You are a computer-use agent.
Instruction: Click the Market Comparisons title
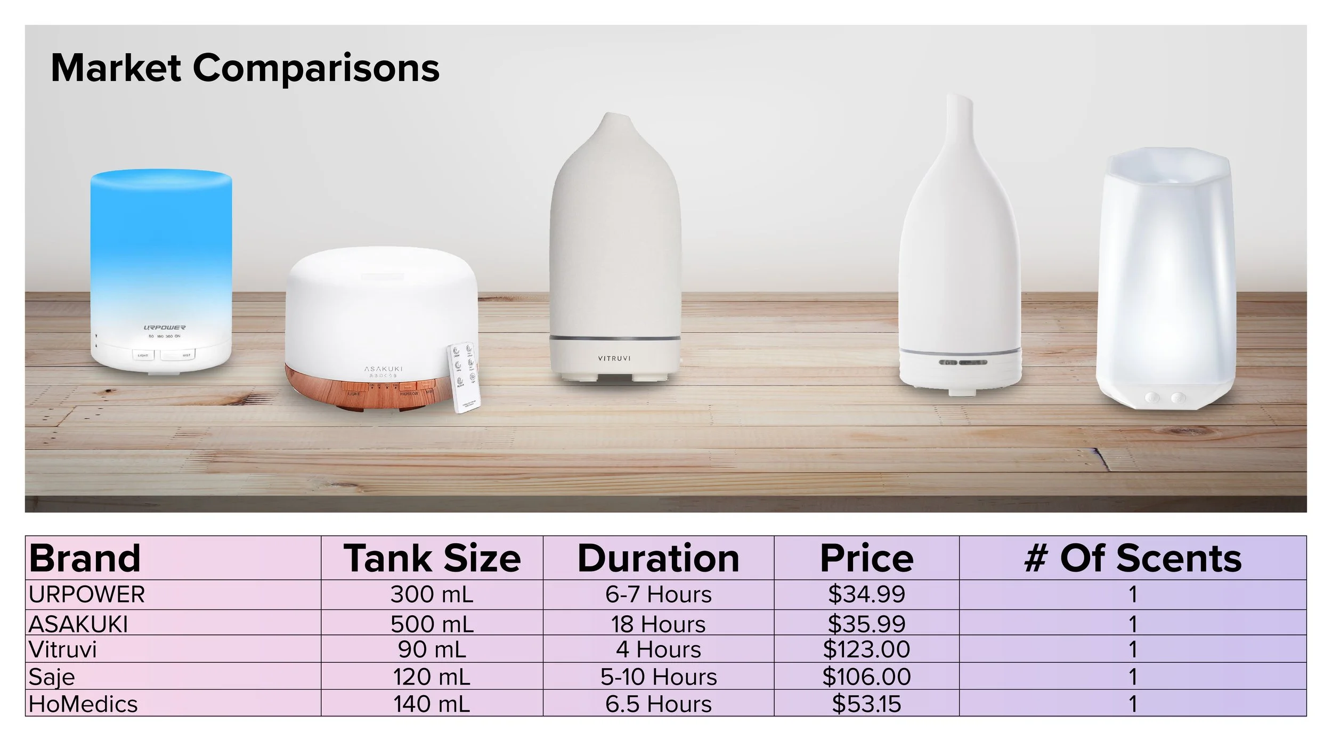(245, 68)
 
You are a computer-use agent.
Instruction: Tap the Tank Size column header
(432, 558)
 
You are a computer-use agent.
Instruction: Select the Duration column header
(659, 558)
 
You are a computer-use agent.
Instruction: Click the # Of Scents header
(1133, 558)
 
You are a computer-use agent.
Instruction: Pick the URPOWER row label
(87, 595)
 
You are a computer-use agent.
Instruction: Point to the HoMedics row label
(83, 704)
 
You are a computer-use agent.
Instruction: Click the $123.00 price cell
(866, 649)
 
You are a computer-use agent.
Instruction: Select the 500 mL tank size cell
(432, 624)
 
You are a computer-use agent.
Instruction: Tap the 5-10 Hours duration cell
(659, 677)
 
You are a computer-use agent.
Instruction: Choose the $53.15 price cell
(866, 704)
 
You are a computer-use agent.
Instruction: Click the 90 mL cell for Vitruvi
(432, 649)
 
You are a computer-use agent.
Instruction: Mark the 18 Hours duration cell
(659, 624)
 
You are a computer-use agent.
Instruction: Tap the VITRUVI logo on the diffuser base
(614, 359)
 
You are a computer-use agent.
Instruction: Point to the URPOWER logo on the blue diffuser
(164, 328)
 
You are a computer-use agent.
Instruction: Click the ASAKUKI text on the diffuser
(383, 369)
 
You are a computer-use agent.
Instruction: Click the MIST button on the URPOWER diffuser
(178, 355)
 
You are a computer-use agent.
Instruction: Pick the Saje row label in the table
(52, 677)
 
